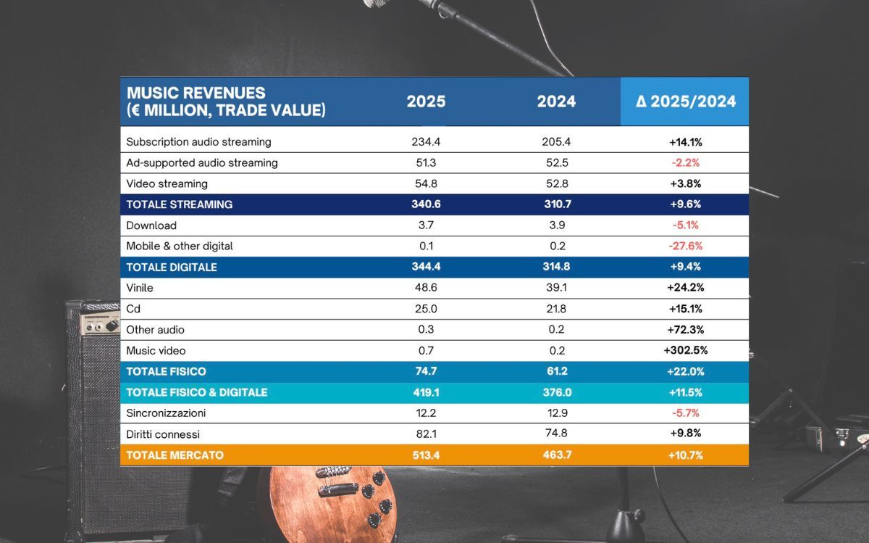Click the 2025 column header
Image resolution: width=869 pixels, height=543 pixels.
point(426,101)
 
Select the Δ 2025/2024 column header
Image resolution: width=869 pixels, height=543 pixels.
point(685,101)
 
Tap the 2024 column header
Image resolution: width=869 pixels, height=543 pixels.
point(556,101)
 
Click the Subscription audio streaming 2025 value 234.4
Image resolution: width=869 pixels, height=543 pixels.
point(426,142)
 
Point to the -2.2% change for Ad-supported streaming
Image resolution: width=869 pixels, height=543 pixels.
point(685,163)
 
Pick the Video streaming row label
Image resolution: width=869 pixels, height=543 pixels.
point(167,184)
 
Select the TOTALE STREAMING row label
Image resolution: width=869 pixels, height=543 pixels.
point(180,204)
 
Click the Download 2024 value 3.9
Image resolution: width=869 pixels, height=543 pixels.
point(556,225)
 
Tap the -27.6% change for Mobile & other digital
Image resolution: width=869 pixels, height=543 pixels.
point(685,246)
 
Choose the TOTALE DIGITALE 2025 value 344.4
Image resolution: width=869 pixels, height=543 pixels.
point(426,267)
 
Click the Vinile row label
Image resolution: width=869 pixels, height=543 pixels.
point(140,288)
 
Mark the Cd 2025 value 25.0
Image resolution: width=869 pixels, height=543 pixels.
point(426,309)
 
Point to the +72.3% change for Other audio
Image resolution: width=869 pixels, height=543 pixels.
point(685,330)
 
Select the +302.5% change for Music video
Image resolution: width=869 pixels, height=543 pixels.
point(685,351)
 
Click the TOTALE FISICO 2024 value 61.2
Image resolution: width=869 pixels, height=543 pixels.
point(556,371)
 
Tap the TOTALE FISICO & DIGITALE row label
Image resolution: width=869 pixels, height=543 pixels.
point(197,392)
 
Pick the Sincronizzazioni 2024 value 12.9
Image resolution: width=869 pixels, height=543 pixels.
point(556,413)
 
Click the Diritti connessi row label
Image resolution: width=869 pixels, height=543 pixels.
point(163,434)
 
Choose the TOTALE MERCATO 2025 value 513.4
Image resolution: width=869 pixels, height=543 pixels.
point(426,455)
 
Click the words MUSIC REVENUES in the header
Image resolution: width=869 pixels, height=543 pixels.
point(196,93)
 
